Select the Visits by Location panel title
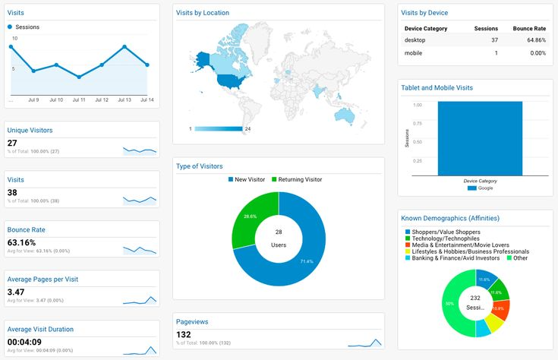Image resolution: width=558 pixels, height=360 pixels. (202, 13)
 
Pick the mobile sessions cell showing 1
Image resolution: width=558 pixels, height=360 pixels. (495, 53)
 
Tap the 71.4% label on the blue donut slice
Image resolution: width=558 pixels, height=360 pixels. (305, 261)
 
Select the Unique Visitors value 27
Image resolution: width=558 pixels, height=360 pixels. (12, 143)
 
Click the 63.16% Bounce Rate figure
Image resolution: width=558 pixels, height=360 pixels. (21, 243)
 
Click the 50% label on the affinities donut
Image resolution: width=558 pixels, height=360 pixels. (449, 304)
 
